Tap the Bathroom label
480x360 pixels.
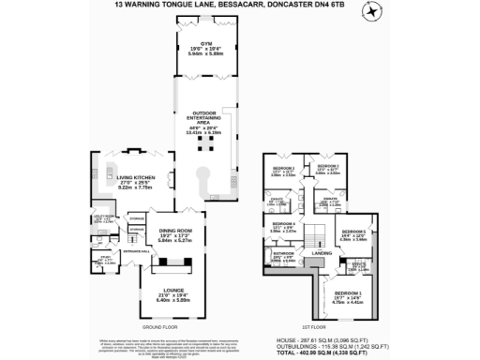point(284,252)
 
